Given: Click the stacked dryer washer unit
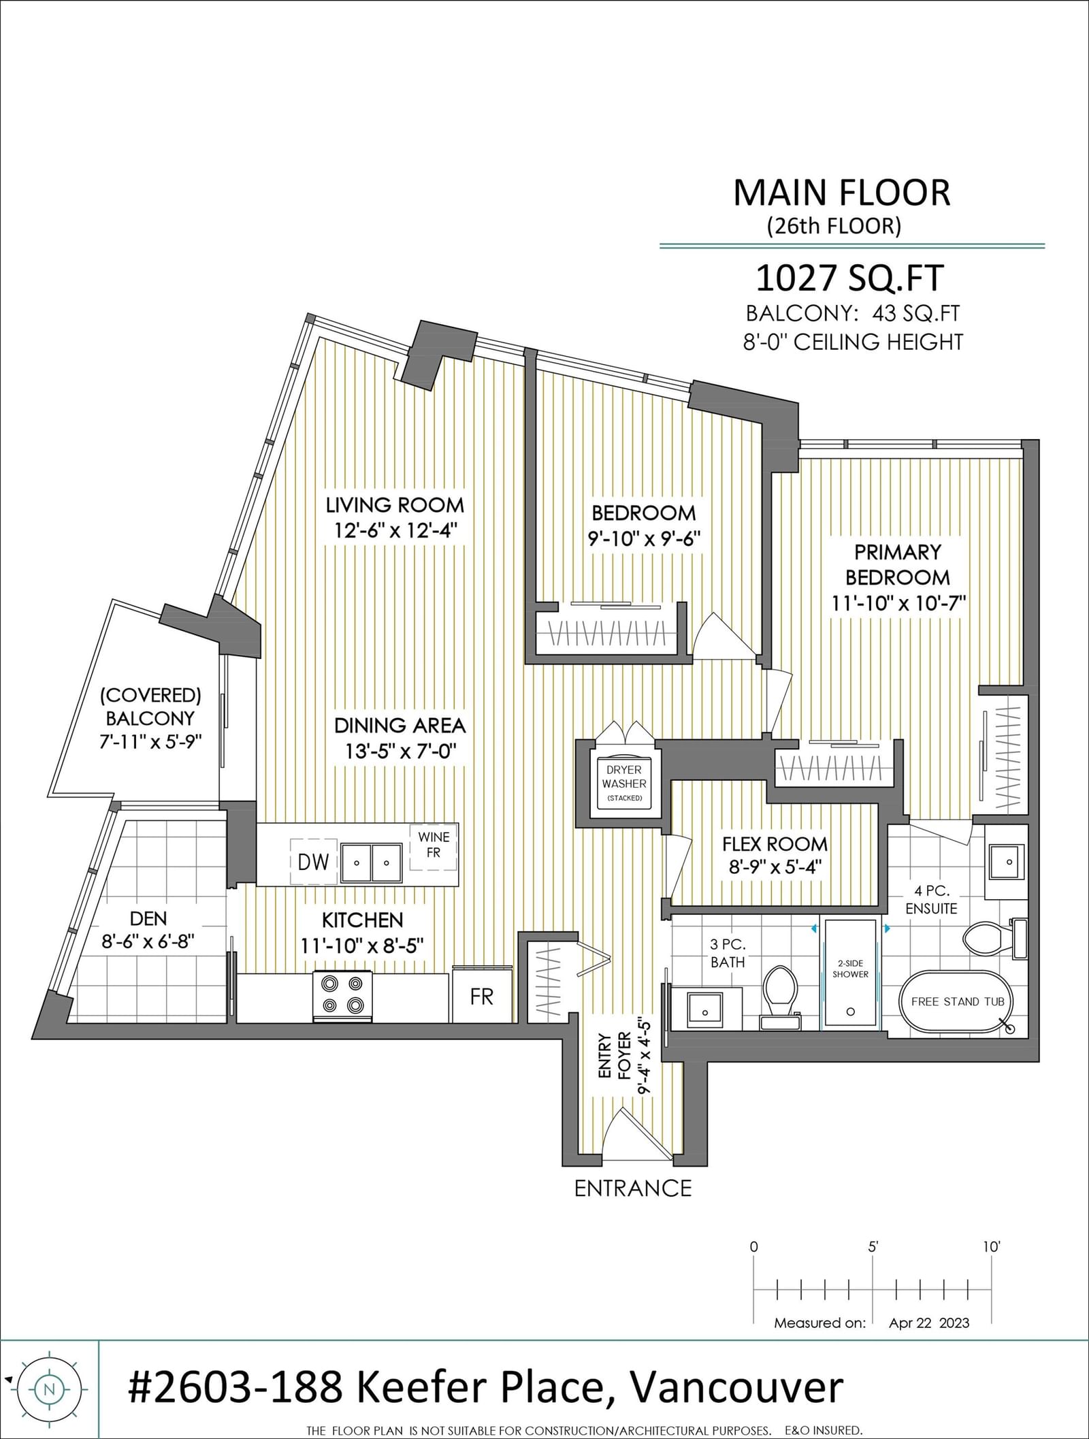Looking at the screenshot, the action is tap(624, 783).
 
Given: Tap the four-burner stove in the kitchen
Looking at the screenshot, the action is tap(342, 996).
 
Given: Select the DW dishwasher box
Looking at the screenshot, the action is tap(314, 861).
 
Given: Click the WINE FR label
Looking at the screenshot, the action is tap(434, 845).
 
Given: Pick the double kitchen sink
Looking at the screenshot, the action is tap(371, 862).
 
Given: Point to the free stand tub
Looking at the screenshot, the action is tap(958, 1002).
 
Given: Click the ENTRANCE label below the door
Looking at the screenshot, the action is tap(633, 1189).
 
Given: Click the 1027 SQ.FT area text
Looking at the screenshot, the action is tap(849, 278).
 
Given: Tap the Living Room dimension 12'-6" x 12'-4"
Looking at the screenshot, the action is tap(394, 530).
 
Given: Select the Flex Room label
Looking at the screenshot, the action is tap(775, 844).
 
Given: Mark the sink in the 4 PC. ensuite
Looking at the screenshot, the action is tap(1006, 861).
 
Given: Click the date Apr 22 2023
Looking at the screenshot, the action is tap(929, 1323).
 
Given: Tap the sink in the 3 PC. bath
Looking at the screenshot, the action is tap(705, 1009).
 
